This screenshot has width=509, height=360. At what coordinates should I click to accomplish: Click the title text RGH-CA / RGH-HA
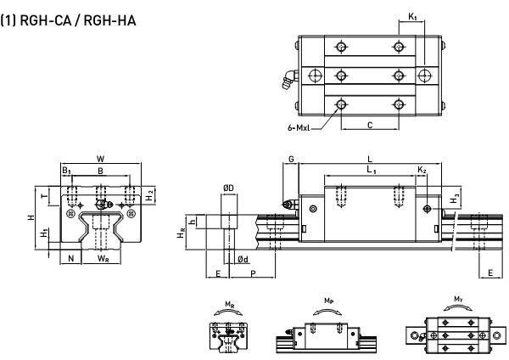coord(78,20)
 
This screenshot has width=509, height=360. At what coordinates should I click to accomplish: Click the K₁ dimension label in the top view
coord(412,16)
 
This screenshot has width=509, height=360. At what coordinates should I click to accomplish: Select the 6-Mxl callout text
coord(299,127)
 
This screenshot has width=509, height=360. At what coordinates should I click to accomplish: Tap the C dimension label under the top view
coord(370,125)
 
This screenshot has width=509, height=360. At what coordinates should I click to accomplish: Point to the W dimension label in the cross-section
coord(101,159)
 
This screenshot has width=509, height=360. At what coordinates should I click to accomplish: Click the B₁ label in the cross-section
coord(66,171)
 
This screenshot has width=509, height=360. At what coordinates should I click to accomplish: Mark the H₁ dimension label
coord(44,233)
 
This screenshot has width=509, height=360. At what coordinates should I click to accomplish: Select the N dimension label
coord(70,258)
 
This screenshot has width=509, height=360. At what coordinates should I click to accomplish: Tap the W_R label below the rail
coord(103,259)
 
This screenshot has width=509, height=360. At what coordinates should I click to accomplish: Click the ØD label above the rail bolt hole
coord(228,188)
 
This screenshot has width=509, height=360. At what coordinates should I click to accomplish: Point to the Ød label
coord(243,259)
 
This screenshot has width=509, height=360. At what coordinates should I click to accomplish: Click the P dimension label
coord(253,273)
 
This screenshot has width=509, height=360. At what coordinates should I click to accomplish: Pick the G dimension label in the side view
coord(291,160)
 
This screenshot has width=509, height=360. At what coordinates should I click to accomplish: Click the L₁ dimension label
coord(372,170)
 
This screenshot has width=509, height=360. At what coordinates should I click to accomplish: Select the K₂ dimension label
coord(422,170)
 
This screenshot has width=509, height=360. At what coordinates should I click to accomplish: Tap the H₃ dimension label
coord(455,200)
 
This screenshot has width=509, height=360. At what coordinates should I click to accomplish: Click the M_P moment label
coord(329,301)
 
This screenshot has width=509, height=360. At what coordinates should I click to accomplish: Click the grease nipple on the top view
coord(290,79)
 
